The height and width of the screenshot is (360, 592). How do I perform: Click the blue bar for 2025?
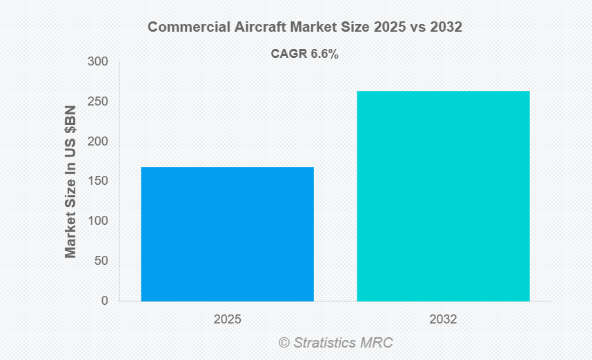[x=227, y=234]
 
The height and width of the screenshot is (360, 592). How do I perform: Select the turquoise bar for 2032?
[x=443, y=196]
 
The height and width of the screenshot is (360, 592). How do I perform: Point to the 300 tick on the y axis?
[x=98, y=62]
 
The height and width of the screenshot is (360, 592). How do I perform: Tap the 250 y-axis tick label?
[x=98, y=102]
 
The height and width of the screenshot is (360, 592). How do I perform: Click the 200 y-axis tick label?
[x=98, y=141]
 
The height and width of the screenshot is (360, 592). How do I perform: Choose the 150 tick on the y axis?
[x=98, y=181]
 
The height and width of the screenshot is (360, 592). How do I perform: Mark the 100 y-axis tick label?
[x=98, y=221]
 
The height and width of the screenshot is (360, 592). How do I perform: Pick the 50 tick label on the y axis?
[x=101, y=261]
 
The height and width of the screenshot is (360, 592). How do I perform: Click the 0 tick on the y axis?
[x=104, y=301]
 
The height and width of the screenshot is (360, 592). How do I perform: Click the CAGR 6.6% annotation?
[x=304, y=54]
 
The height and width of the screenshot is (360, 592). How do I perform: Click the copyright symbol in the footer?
[x=284, y=342]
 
